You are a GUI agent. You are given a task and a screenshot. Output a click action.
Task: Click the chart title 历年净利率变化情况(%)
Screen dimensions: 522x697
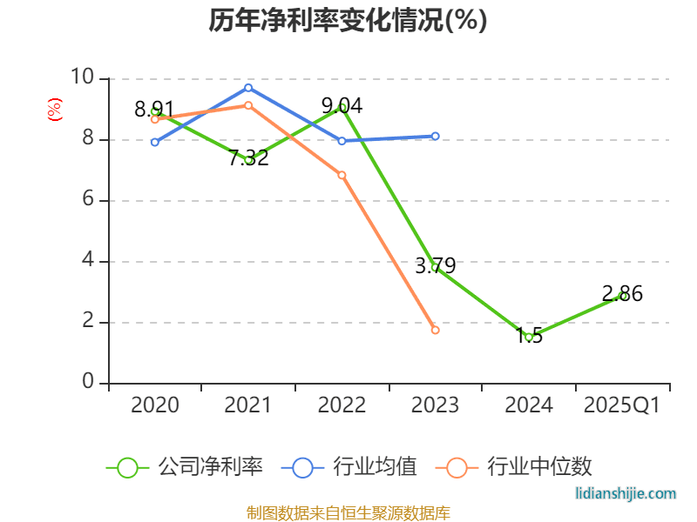click(x=348, y=21)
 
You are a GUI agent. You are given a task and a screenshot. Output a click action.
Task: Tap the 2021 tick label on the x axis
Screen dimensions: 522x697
click(x=248, y=405)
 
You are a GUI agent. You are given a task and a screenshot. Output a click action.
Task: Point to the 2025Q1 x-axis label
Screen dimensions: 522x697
click(x=622, y=405)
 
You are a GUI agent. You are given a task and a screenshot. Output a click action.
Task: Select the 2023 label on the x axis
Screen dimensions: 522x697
click(x=435, y=405)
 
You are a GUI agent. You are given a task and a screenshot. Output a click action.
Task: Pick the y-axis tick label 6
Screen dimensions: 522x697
click(x=88, y=200)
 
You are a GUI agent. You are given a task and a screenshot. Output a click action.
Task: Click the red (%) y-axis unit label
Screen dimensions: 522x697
click(x=55, y=110)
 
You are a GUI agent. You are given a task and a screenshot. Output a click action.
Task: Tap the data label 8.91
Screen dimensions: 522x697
click(x=154, y=110)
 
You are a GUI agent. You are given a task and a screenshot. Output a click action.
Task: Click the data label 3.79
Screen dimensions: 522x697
click(x=435, y=266)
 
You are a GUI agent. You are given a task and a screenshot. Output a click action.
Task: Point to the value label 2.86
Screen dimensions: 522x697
click(x=622, y=294)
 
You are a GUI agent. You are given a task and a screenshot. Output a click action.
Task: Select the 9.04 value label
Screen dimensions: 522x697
click(x=342, y=106)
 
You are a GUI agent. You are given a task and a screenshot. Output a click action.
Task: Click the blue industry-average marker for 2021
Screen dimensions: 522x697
click(x=248, y=88)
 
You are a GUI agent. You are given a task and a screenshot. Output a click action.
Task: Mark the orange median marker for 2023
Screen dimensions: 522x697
click(x=435, y=331)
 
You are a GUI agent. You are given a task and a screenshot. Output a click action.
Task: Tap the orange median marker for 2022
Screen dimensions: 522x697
click(x=342, y=175)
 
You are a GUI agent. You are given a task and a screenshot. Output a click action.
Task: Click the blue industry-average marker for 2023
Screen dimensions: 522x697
click(x=435, y=136)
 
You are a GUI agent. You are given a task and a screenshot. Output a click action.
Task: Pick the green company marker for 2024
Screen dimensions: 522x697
click(x=529, y=337)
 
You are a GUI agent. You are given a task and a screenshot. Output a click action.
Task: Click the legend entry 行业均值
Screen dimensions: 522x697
click(x=349, y=467)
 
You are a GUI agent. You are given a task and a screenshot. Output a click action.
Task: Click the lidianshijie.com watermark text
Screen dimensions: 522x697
click(x=626, y=493)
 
